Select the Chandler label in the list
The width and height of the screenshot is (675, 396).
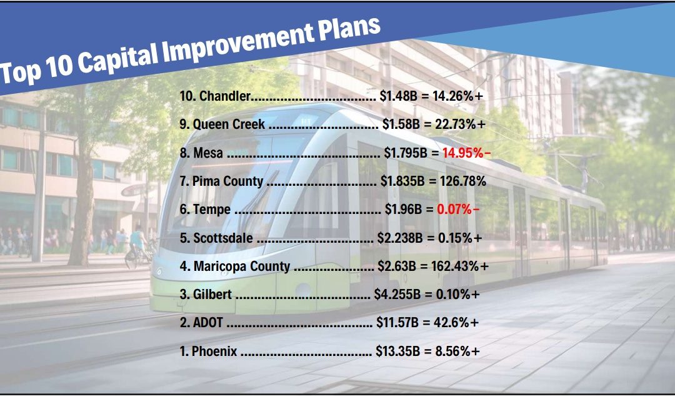224,96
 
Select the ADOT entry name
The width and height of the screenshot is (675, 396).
206,323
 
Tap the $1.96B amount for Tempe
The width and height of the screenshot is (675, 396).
401,210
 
